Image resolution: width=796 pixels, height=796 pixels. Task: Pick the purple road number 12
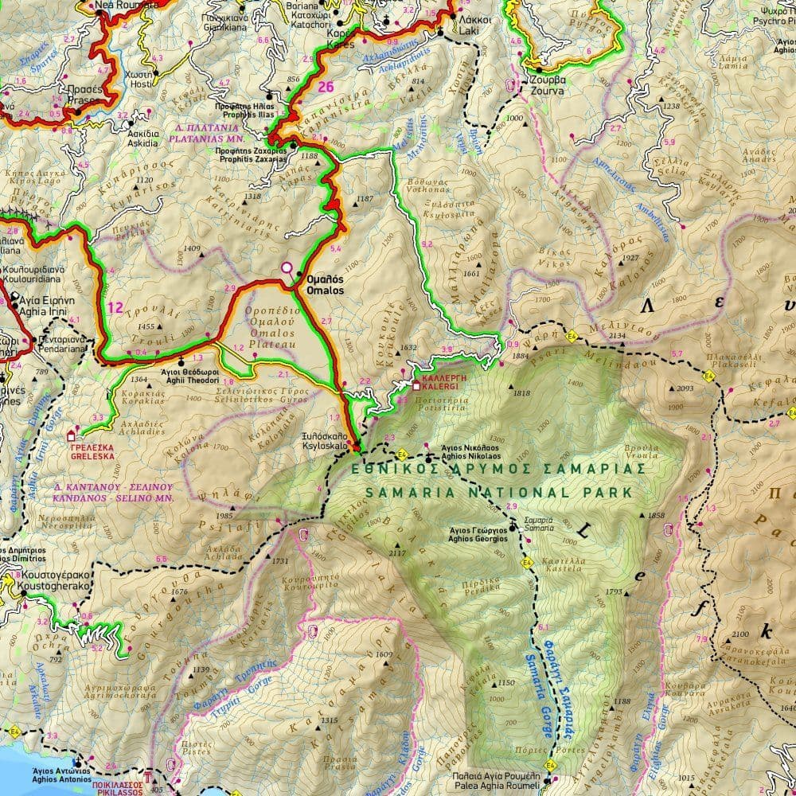point(116,307)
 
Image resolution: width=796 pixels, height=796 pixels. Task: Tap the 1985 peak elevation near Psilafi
point(224,516)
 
